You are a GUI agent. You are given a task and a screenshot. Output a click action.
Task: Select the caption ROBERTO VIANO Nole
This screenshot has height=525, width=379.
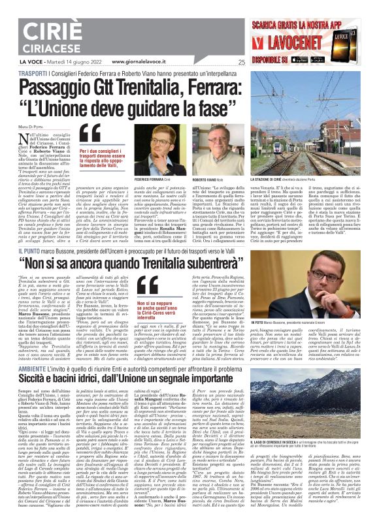[223, 179]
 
